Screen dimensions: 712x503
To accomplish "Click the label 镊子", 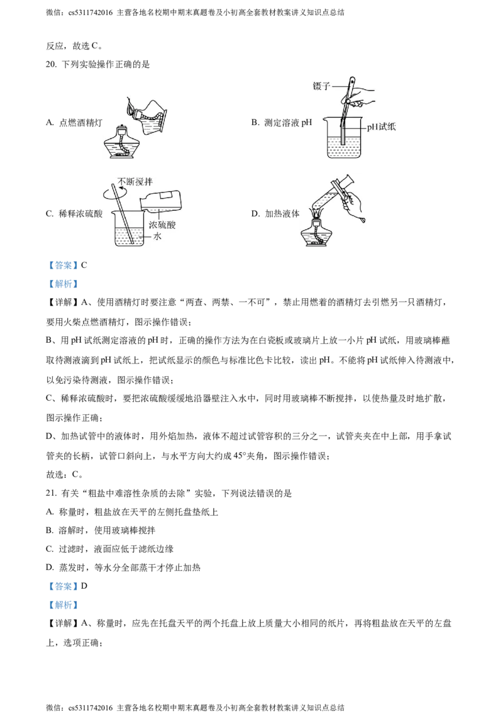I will point(322,86).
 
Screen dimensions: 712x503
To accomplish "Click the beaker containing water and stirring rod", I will point(132,230).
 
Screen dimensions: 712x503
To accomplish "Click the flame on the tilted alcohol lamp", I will point(130,108).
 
